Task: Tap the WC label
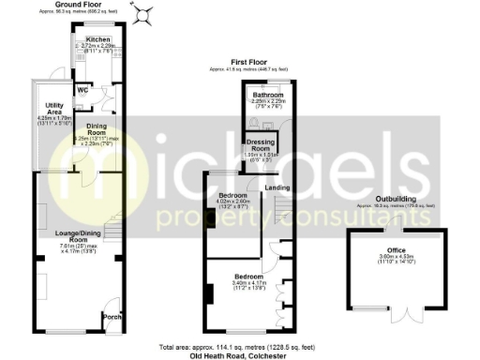[82, 90]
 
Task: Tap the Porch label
[110, 316]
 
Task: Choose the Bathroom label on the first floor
[264, 96]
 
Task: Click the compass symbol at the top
[144, 13]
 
